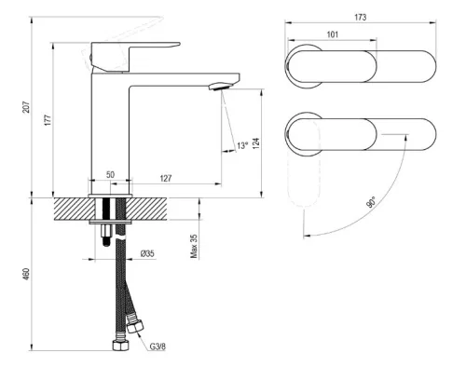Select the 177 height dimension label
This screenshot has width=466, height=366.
click(47, 119)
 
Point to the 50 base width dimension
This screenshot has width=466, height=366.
click(109, 173)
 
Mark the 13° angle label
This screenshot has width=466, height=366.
click(242, 145)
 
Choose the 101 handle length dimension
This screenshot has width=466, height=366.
click(333, 35)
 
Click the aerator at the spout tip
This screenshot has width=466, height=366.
click(216, 87)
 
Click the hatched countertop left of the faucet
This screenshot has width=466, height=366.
click(70, 206)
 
